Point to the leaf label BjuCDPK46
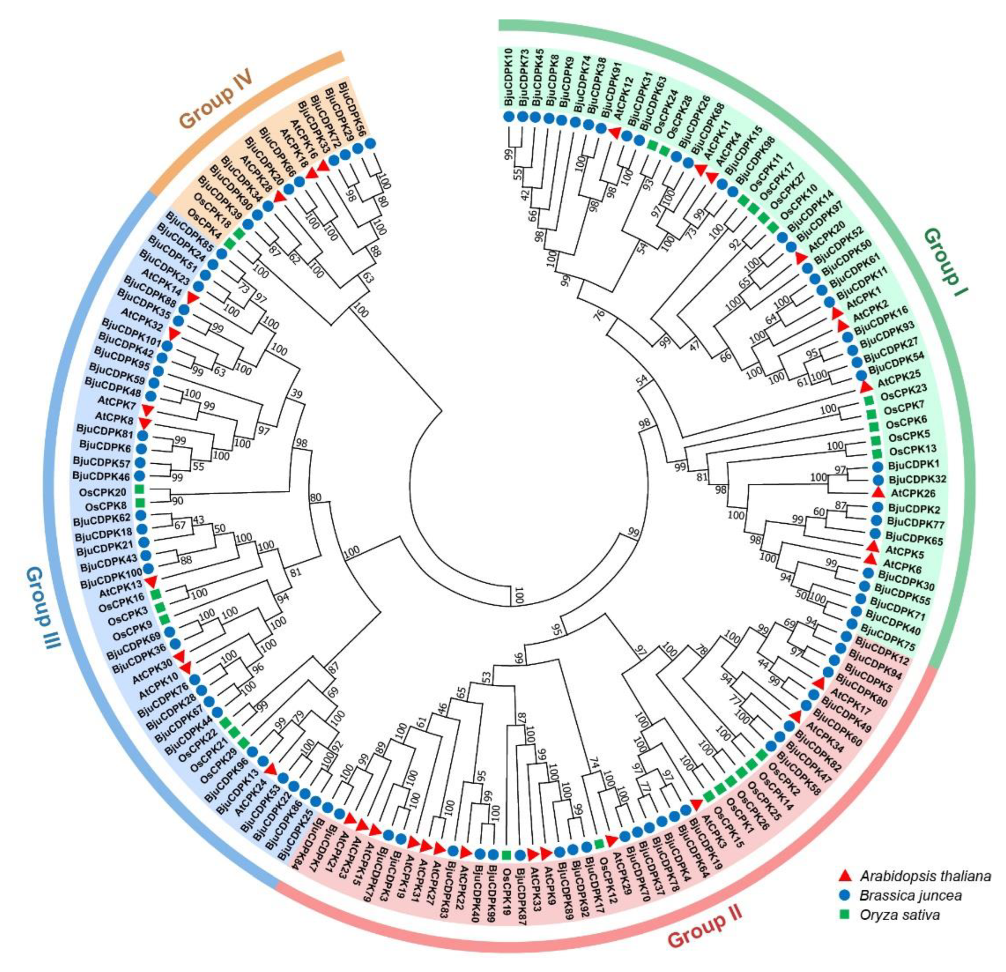(101, 476)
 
